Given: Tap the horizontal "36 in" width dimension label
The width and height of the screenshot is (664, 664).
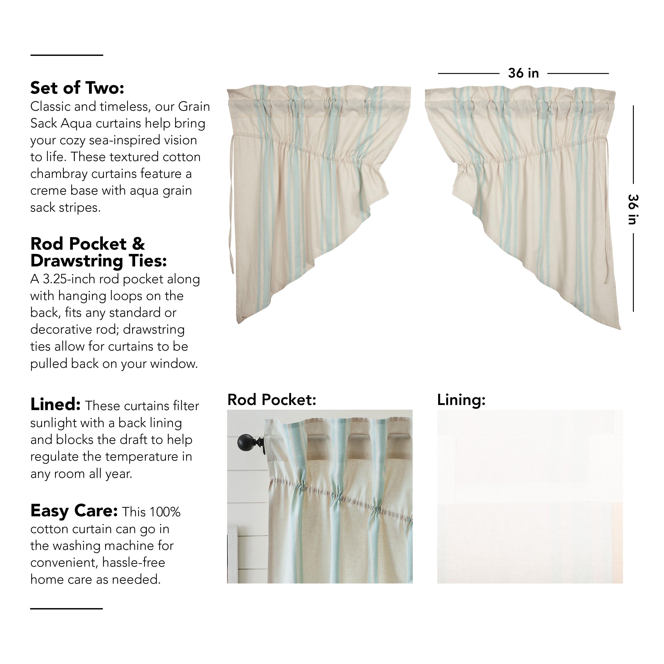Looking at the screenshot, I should pos(523,73).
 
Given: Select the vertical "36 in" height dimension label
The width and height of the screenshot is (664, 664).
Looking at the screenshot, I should pos(633,209).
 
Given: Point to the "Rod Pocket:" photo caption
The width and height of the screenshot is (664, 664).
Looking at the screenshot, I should pos(272,400).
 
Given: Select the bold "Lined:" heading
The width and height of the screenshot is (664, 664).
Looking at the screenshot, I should pos(55,405).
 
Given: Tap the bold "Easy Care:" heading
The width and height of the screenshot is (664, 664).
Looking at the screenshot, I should pos(74,511).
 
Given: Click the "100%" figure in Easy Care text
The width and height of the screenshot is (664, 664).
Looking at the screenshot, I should pos(165,512).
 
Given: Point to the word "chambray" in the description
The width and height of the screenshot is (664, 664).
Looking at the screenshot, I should pos(60,174).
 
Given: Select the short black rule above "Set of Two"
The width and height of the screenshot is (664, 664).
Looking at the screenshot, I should pos(67,55).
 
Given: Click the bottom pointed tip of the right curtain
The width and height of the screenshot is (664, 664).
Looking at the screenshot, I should pos(619,328).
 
